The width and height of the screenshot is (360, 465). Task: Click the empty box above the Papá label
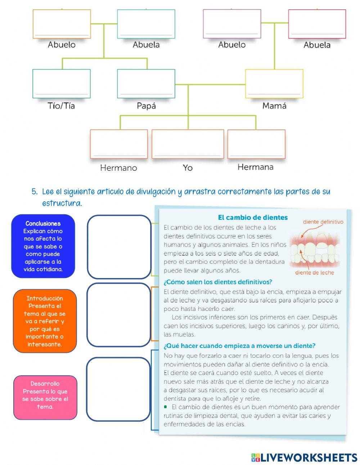pyautogui.click(x=146, y=84)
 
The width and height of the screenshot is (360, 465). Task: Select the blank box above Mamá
pyautogui.click(x=274, y=84)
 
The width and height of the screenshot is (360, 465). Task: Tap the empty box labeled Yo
pyautogui.click(x=188, y=144)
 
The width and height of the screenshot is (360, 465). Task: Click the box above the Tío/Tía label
pyautogui.click(x=62, y=84)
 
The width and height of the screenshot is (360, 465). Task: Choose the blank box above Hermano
pyautogui.click(x=119, y=144)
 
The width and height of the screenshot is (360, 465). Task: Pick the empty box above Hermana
pyautogui.click(x=256, y=144)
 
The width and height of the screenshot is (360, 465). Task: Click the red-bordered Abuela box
pyautogui.click(x=317, y=24)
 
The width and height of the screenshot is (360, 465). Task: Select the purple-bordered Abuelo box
pyautogui.click(x=232, y=24)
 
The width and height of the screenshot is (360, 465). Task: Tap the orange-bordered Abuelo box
pyautogui.click(x=62, y=24)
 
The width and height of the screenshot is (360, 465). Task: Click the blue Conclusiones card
pyautogui.click(x=43, y=246)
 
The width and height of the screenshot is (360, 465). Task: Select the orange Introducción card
pyautogui.click(x=45, y=321)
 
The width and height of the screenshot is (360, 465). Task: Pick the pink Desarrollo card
pyautogui.click(x=45, y=397)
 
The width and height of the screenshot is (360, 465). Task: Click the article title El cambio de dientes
pyautogui.click(x=253, y=218)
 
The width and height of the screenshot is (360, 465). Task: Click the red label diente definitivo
pyautogui.click(x=323, y=222)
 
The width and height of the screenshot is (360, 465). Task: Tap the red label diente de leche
pyautogui.click(x=314, y=273)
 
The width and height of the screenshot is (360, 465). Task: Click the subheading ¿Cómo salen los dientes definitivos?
pyautogui.click(x=218, y=282)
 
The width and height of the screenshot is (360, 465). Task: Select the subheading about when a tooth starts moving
pyautogui.click(x=239, y=346)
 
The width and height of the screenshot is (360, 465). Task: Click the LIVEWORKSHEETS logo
pyautogui.click(x=304, y=457)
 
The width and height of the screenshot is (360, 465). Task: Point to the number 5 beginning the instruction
pyautogui.click(x=34, y=192)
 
